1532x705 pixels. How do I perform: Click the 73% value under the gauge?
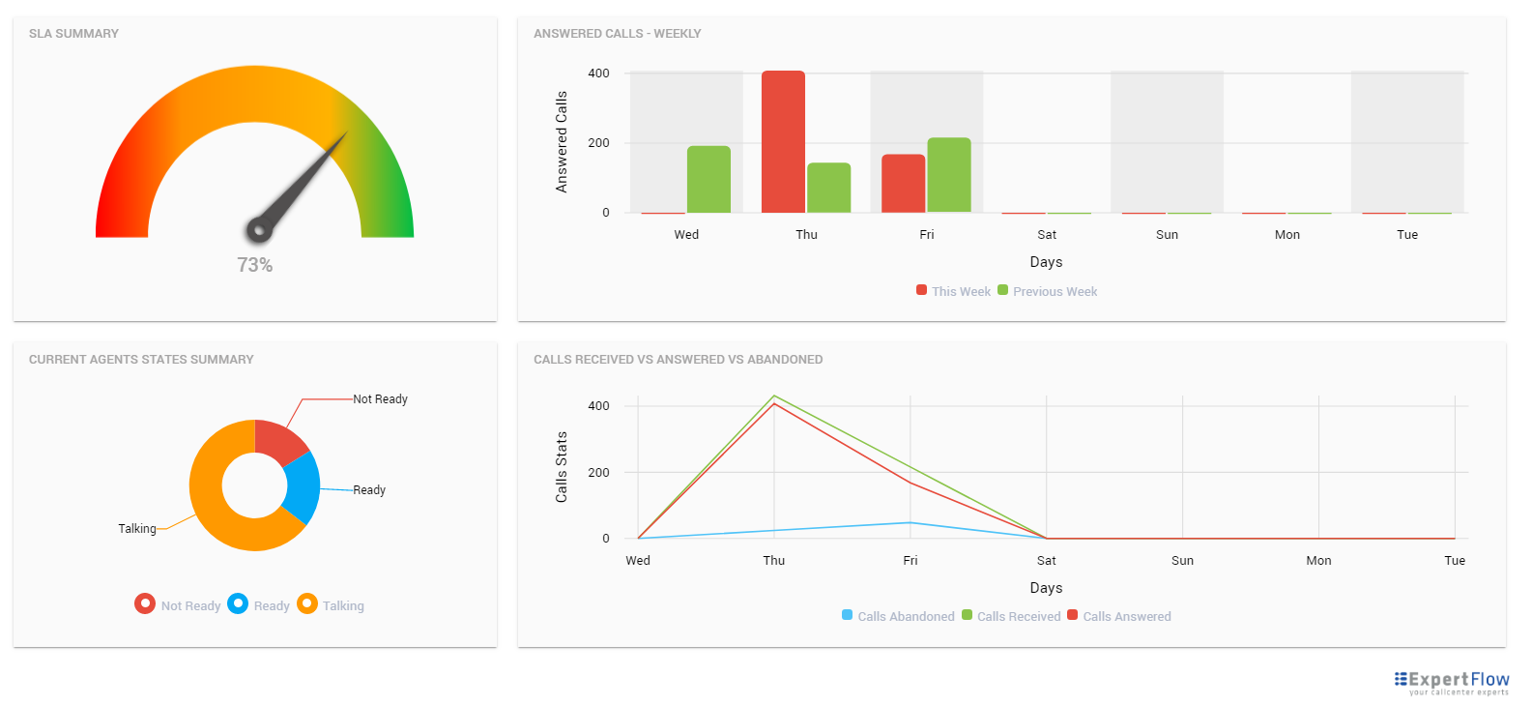click(255, 265)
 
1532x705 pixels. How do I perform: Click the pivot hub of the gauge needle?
click(258, 229)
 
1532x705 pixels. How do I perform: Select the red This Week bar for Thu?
click(783, 142)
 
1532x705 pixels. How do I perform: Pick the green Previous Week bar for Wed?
click(708, 180)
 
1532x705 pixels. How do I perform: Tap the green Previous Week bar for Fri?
click(948, 175)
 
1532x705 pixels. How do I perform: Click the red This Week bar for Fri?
click(903, 184)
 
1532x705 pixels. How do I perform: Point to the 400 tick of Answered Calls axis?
click(598, 73)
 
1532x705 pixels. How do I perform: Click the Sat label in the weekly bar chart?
click(1047, 235)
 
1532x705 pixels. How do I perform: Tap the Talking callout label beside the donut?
click(137, 529)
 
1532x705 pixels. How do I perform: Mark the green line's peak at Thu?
click(774, 396)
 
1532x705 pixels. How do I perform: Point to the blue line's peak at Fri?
click(910, 523)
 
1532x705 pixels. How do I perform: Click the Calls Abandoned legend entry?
click(898, 616)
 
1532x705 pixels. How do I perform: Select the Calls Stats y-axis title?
click(562, 467)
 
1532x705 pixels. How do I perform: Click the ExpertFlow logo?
click(1451, 682)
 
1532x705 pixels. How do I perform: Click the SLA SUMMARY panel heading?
click(73, 34)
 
